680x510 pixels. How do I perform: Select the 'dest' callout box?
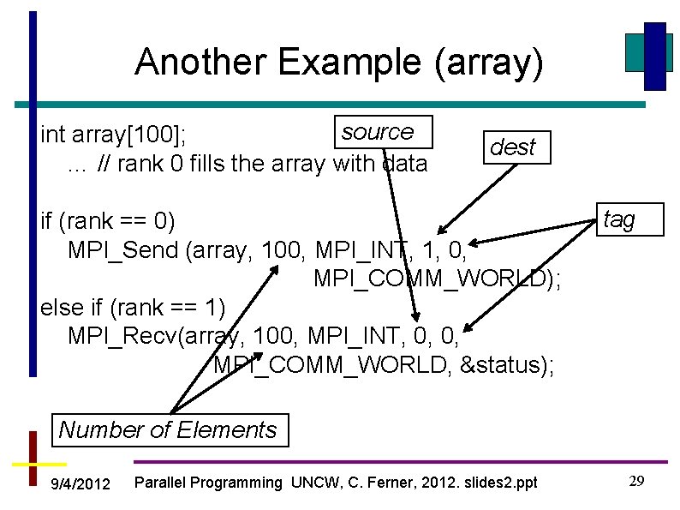513,147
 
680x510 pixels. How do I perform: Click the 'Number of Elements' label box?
168,429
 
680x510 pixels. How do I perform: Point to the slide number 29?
636,481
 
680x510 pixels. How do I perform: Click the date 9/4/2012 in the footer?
81,484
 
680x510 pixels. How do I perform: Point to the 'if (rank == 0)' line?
108,221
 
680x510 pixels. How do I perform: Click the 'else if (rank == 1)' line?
133,306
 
